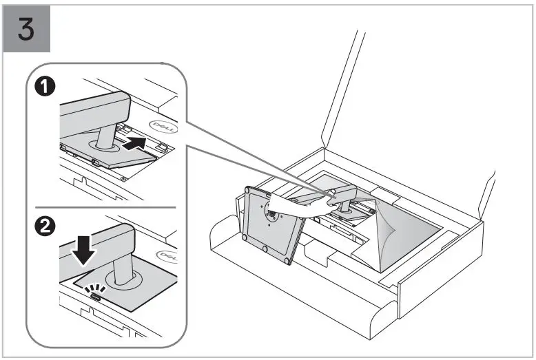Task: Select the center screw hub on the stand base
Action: coord(271,213)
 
